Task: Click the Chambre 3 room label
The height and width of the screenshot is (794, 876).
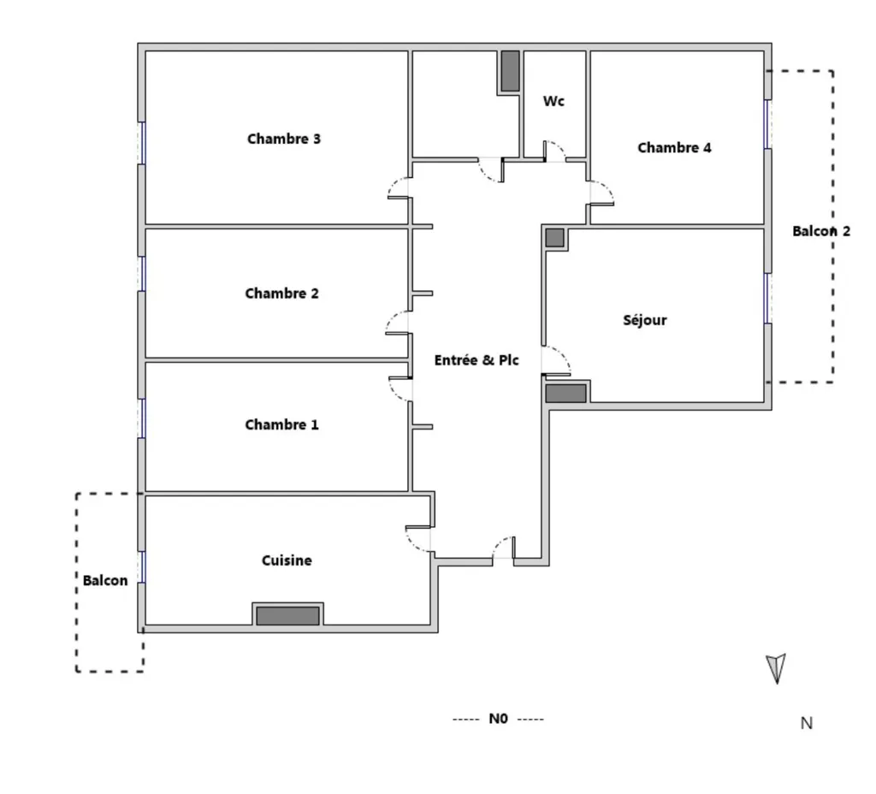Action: (284, 139)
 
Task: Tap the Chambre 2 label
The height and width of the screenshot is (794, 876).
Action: (281, 293)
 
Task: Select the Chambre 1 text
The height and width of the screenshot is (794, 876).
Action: (281, 424)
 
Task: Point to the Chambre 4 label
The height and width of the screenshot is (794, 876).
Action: (674, 147)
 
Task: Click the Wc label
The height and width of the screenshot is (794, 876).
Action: (553, 101)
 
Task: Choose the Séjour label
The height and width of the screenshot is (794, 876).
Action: (645, 320)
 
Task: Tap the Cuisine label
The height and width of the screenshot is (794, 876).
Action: (287, 560)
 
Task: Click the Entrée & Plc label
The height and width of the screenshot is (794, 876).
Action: (476, 360)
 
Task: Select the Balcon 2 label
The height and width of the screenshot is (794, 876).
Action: (821, 231)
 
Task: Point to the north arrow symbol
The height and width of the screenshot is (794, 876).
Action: (777, 667)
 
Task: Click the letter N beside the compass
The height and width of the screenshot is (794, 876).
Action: (806, 723)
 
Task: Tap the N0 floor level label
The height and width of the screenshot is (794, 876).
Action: (498, 719)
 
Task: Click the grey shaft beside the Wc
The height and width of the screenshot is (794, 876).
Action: (510, 71)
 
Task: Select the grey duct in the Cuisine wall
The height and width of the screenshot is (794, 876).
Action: (287, 616)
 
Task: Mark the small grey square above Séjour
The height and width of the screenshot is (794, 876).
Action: (554, 238)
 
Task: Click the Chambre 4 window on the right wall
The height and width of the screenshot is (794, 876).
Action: (767, 124)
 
